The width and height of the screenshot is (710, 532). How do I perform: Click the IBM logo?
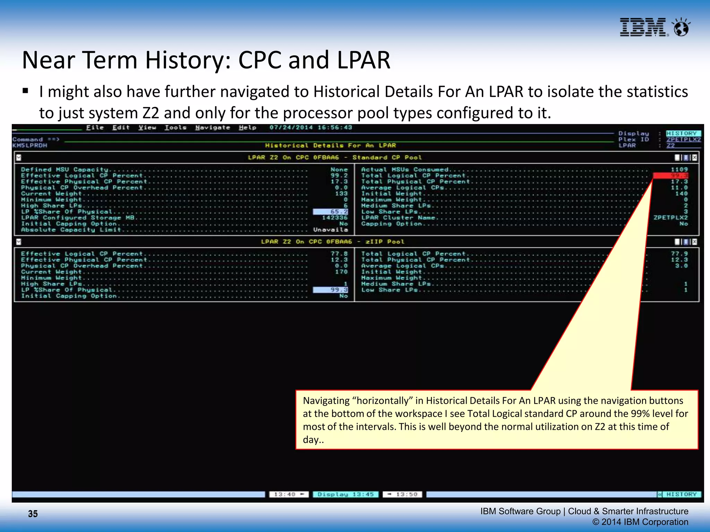point(643,27)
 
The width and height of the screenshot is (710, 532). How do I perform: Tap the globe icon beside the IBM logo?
point(681,27)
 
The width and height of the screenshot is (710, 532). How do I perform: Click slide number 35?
point(33,514)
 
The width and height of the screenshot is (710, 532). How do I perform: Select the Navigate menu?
point(213,127)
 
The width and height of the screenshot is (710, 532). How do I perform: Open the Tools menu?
point(175,127)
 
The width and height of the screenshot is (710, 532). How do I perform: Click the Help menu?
point(247,127)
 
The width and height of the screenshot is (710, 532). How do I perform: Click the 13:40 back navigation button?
point(289,494)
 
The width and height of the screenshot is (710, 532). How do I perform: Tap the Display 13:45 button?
point(346,494)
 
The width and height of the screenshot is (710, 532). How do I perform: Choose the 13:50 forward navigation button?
point(402,494)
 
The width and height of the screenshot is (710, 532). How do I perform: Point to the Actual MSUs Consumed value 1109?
point(679,169)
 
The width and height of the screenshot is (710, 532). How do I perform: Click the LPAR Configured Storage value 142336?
point(335,218)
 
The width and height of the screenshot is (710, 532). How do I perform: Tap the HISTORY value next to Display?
point(683,133)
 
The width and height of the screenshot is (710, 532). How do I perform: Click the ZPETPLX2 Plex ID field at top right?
point(683,139)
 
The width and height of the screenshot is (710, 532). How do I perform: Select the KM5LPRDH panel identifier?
point(30,145)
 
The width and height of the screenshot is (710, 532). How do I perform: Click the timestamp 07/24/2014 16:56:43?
point(311,127)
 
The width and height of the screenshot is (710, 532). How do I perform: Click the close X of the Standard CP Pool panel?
point(694,158)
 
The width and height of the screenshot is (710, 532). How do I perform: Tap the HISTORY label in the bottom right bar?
point(681,494)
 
